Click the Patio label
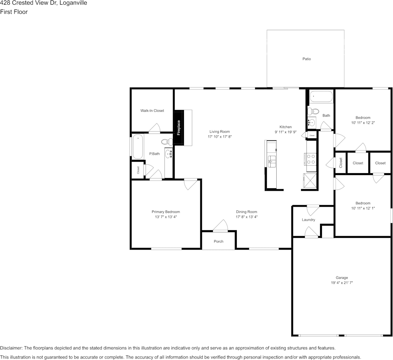(x=306, y=59)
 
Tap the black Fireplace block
(x=179, y=128)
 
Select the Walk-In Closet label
(x=152, y=111)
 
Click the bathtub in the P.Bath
(x=138, y=146)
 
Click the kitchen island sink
(x=272, y=160)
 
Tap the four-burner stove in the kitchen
(x=311, y=159)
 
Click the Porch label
(x=219, y=241)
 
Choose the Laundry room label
(x=308, y=220)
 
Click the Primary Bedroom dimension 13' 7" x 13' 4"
(x=166, y=217)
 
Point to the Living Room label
(x=220, y=132)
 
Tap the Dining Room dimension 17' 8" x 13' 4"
(x=246, y=217)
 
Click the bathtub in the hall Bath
(x=321, y=97)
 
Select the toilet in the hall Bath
(x=313, y=112)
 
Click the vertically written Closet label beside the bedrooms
(x=341, y=163)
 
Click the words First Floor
(x=14, y=12)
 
